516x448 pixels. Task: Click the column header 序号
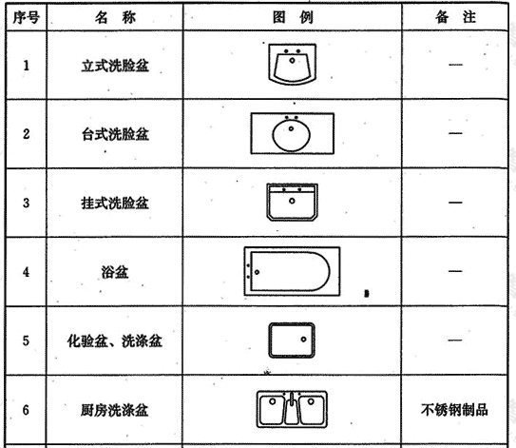(x=26, y=17)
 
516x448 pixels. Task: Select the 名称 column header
(x=115, y=17)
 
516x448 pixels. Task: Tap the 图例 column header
(x=293, y=17)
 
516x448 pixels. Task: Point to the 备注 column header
(x=455, y=17)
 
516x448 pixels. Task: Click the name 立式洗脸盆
(x=115, y=66)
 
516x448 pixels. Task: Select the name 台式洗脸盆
(x=115, y=134)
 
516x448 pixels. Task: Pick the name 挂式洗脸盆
(x=115, y=203)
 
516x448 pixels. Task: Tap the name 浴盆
(x=115, y=272)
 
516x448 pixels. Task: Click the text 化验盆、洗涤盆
(x=115, y=341)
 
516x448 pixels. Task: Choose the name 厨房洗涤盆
(x=115, y=410)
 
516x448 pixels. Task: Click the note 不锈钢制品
(x=454, y=410)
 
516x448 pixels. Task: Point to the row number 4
(x=26, y=272)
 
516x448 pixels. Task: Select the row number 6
(x=26, y=410)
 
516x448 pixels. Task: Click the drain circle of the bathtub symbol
(x=257, y=272)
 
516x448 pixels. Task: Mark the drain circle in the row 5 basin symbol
(x=303, y=340)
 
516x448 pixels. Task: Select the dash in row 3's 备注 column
(x=455, y=202)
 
